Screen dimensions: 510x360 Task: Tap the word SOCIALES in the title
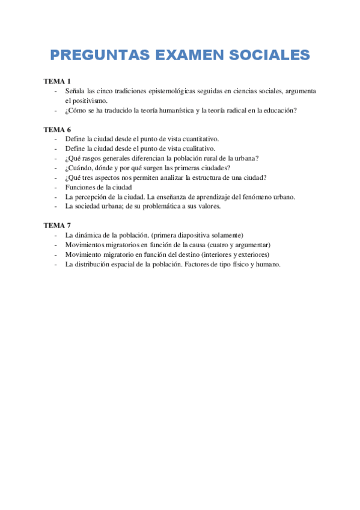click(x=270, y=55)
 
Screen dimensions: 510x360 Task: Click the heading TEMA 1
click(x=58, y=81)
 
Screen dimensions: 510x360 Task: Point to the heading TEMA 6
click(x=58, y=129)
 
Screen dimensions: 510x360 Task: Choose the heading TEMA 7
click(x=58, y=225)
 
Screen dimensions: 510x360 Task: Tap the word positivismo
click(x=90, y=100)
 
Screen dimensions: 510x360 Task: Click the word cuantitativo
click(x=198, y=139)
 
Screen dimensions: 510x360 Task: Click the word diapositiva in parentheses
click(x=195, y=235)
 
